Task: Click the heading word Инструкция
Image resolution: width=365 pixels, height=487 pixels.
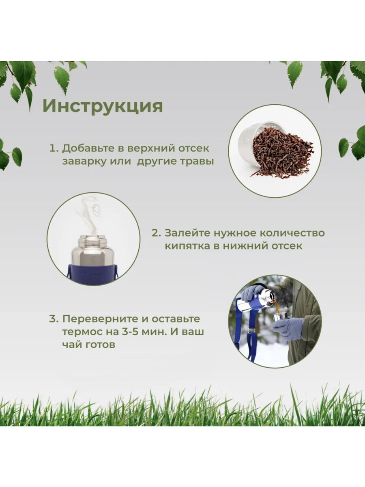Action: (x=103, y=106)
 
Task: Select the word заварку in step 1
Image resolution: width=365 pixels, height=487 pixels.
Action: (x=83, y=161)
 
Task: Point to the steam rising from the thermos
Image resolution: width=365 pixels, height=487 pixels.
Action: (x=90, y=215)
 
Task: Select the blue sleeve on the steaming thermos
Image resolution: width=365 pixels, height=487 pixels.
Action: (x=93, y=274)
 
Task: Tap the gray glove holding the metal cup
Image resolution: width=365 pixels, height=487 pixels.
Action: (x=288, y=329)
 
